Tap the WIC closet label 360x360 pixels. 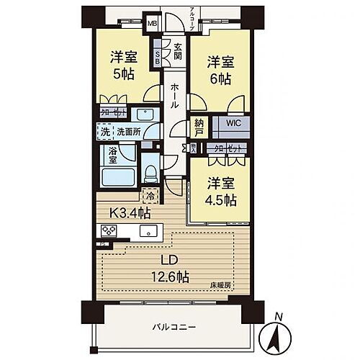pyautogui.click(x=235, y=123)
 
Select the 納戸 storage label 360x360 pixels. pyautogui.click(x=199, y=127)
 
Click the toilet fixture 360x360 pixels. pyautogui.click(x=150, y=171)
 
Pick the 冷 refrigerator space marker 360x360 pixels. pyautogui.click(x=150, y=195)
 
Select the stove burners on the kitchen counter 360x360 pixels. pyautogui.click(x=110, y=231)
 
